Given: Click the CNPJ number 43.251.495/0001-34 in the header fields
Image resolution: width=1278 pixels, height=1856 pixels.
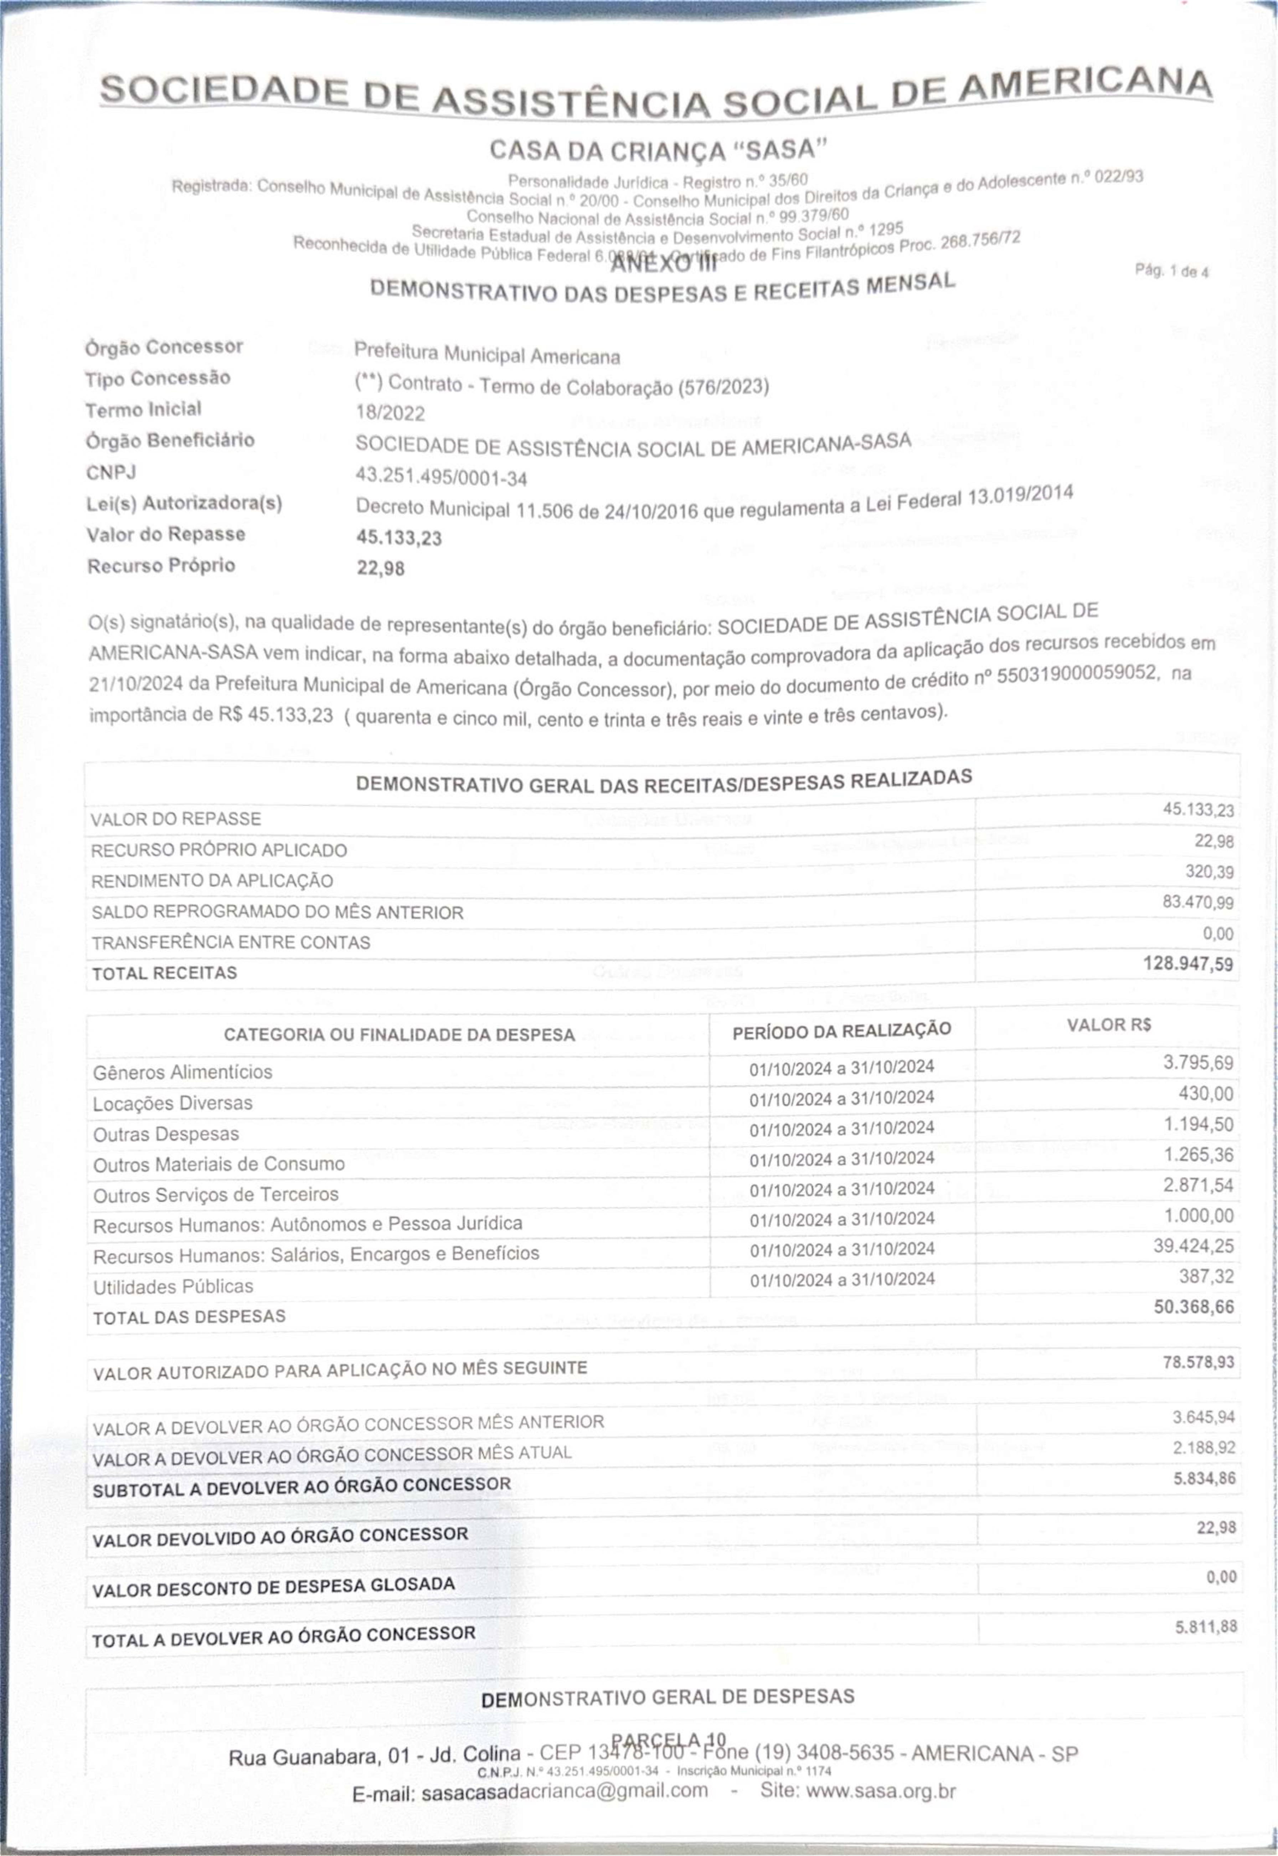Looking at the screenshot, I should [441, 478].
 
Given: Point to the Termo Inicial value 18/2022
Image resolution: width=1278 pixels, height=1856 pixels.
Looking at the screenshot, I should [390, 413].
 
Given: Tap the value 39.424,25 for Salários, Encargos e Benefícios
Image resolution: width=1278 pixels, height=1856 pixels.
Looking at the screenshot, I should [1193, 1246].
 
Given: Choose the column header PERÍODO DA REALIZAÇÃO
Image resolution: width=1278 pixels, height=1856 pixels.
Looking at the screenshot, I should [841, 1030].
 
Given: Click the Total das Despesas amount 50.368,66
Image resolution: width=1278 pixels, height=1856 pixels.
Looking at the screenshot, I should [1193, 1307].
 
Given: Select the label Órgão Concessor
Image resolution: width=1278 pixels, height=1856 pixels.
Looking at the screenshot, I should [164, 348].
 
